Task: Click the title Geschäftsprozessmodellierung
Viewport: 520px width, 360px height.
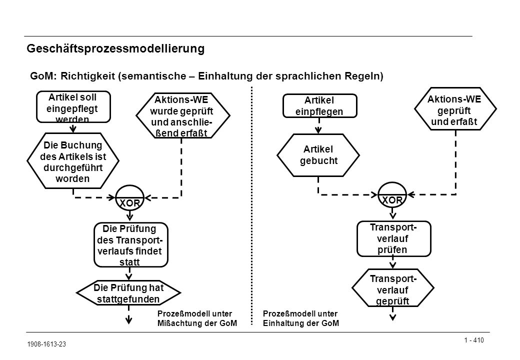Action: (115, 48)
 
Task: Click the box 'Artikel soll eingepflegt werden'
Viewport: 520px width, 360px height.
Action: (73, 106)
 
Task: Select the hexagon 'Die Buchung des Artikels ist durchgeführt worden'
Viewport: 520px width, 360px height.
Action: (73, 161)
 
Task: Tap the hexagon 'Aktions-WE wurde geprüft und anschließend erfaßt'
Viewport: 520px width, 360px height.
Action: (182, 115)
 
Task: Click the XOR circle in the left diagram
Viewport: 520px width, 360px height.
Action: (129, 198)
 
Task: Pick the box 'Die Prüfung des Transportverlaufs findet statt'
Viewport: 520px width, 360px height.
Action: (131, 245)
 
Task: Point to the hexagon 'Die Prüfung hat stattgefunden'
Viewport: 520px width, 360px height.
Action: (128, 293)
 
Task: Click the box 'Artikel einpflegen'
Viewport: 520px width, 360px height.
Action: (319, 105)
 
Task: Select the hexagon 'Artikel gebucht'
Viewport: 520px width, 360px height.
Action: (318, 155)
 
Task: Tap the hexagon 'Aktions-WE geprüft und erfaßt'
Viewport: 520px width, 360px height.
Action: (455, 109)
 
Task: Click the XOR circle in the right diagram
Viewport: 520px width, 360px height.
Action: (392, 195)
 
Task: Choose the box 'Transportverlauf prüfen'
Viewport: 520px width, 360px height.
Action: (394, 238)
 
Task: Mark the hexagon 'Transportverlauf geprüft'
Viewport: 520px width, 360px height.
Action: (393, 287)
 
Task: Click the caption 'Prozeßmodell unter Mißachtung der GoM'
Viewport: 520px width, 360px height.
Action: (197, 318)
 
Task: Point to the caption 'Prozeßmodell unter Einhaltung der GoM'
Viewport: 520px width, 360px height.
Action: (301, 318)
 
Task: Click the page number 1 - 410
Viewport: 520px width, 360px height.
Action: (474, 340)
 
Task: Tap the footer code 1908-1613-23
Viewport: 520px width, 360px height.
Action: (46, 344)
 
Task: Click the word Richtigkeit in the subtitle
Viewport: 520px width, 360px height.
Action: (88, 76)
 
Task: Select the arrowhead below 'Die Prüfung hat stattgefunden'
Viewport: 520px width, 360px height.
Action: (128, 320)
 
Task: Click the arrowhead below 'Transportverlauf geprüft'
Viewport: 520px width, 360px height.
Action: (392, 317)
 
